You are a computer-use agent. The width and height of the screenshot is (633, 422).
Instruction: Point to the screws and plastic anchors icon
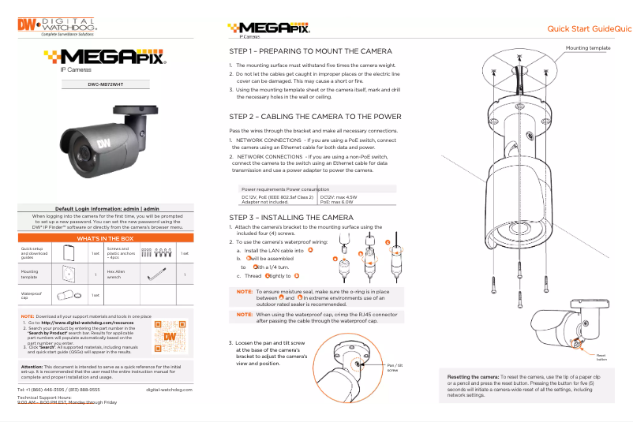(162, 253)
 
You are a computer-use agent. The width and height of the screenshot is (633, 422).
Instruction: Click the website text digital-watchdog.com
(170, 390)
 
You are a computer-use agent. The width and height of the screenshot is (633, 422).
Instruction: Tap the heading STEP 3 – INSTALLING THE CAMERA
(286, 217)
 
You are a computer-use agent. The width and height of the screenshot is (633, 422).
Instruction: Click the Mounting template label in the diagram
(588, 48)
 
